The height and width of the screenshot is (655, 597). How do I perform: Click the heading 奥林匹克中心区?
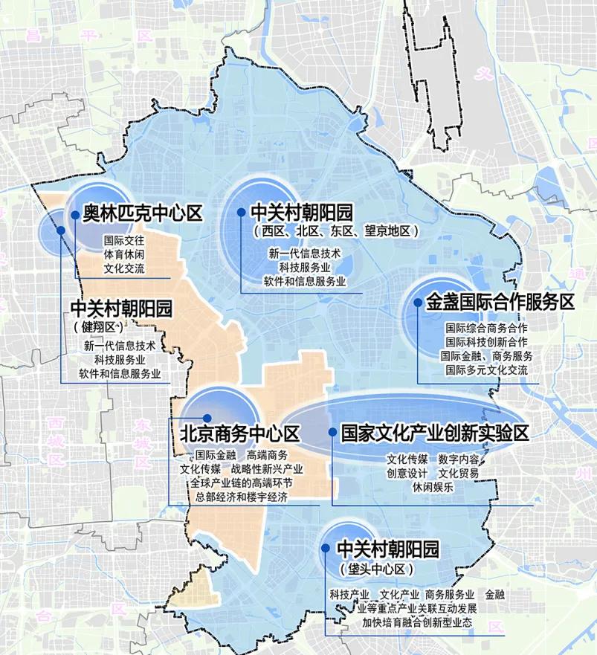point(142,214)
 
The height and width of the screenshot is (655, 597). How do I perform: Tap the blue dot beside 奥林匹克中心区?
point(75,214)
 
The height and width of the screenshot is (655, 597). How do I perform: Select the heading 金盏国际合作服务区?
point(500,303)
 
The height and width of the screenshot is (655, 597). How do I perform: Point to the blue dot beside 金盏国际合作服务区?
point(418,303)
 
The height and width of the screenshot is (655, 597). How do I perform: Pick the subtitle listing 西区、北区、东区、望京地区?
point(336,232)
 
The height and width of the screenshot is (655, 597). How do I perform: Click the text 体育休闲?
point(124,254)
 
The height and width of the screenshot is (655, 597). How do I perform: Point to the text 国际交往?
point(124,241)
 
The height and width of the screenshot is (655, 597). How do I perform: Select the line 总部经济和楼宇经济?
point(241,497)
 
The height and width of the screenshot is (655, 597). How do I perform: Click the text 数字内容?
point(459,459)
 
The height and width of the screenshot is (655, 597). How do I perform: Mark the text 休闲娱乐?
point(432,487)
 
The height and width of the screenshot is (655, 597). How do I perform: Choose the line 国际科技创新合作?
point(486,342)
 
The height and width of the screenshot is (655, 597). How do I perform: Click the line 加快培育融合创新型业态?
point(417,622)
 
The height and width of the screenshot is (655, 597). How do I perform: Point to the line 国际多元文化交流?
point(486,370)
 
